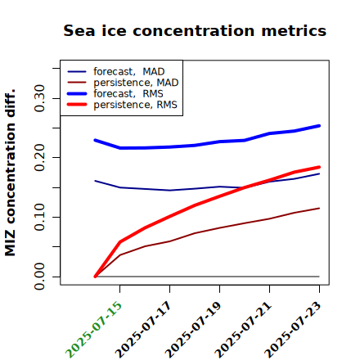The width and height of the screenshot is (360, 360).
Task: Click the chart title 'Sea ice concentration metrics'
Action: click(x=195, y=31)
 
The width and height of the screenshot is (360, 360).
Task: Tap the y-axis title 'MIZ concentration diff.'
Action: click(x=10, y=173)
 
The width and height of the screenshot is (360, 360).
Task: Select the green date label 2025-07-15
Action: click(x=94, y=329)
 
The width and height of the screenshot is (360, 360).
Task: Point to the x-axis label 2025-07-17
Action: click(x=144, y=329)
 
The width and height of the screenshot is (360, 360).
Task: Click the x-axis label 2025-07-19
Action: click(x=194, y=329)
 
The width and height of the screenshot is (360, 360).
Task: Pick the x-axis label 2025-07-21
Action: click(x=244, y=329)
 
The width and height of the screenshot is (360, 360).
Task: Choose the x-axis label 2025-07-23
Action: click(x=294, y=329)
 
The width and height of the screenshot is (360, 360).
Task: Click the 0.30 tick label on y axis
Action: click(x=40, y=98)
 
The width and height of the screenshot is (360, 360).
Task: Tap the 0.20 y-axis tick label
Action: click(x=40, y=158)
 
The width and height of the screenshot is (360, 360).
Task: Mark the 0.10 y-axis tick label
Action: click(x=40, y=217)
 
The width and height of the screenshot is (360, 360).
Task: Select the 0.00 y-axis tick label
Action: click(x=40, y=277)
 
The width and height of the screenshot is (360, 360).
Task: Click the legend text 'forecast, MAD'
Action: click(x=129, y=72)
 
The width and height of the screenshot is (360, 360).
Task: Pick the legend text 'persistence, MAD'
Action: click(x=136, y=83)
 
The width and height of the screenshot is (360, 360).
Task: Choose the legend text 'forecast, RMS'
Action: click(x=128, y=94)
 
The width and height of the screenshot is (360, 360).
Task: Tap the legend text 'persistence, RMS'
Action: click(x=136, y=105)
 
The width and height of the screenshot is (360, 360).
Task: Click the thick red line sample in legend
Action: click(x=77, y=105)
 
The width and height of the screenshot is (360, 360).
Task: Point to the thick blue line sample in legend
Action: click(x=77, y=93)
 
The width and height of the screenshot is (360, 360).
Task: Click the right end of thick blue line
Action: click(x=319, y=126)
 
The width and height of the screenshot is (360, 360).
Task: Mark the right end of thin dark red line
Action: click(x=319, y=209)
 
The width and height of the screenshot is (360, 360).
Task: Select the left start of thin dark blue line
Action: click(x=95, y=181)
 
